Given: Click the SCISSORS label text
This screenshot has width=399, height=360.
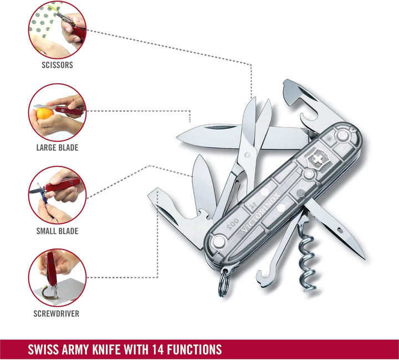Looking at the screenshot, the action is [x=57, y=65].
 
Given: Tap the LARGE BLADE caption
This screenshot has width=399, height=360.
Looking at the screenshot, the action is [x=57, y=148].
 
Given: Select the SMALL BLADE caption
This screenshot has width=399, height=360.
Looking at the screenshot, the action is [x=57, y=231].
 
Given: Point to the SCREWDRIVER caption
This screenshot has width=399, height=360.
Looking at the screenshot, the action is [x=56, y=313].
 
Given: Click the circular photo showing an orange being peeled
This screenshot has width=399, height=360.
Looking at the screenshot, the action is [x=57, y=113].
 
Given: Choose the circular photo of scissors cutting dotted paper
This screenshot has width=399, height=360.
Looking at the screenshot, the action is [x=57, y=30].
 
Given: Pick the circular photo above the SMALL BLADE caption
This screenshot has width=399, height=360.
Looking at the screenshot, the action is [x=57, y=195].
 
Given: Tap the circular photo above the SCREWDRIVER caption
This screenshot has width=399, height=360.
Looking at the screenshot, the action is [x=57, y=278].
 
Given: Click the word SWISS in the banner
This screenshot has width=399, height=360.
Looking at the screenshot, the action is [x=42, y=349].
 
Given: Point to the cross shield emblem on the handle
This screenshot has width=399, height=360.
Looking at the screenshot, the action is [x=318, y=160].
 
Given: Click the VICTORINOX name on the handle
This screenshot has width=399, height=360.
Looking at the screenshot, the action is [x=260, y=212].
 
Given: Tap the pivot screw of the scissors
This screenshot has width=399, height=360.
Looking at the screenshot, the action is [x=247, y=155].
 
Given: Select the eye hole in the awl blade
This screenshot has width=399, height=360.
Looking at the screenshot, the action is [x=340, y=231].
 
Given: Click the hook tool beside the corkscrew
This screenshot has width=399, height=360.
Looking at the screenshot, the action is [x=276, y=255].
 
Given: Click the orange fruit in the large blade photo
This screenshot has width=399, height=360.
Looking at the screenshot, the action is [x=44, y=114].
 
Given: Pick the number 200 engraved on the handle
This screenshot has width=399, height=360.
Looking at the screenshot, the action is [x=233, y=223].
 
